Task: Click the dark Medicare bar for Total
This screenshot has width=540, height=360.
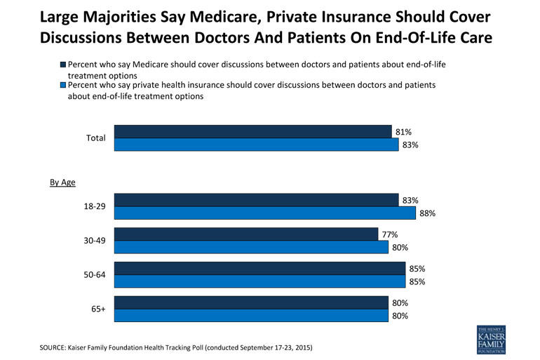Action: click(x=252, y=132)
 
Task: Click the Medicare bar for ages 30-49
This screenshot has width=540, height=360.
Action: click(x=246, y=234)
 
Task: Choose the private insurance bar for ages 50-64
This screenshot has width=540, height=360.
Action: click(x=259, y=282)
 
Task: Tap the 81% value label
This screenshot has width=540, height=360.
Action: click(x=403, y=132)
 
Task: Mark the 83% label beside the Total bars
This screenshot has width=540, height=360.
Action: click(x=410, y=145)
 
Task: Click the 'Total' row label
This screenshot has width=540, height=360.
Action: click(x=95, y=138)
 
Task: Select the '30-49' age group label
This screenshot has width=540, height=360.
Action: click(x=95, y=241)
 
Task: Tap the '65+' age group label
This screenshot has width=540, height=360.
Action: click(x=97, y=309)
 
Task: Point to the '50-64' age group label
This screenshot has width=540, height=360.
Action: click(x=95, y=275)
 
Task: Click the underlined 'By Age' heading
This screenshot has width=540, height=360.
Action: click(x=62, y=182)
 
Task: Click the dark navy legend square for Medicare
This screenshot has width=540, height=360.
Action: click(x=63, y=65)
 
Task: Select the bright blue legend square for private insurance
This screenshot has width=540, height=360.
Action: click(x=63, y=85)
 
